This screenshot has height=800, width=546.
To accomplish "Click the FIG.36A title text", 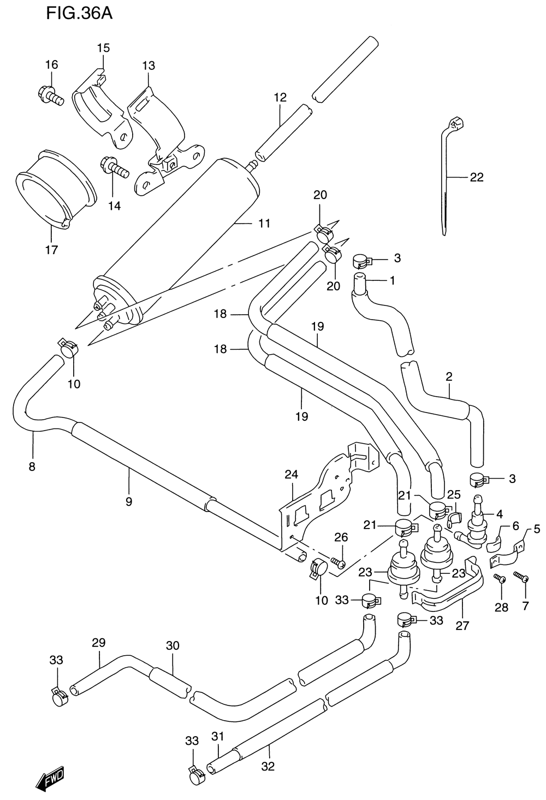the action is (x=79, y=14).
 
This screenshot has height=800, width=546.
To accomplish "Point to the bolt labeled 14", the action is (x=114, y=167).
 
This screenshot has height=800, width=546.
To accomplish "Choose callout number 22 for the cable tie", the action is (x=477, y=177).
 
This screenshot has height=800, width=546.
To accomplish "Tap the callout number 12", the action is (x=280, y=97).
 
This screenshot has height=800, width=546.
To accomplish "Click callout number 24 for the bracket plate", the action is (x=291, y=474).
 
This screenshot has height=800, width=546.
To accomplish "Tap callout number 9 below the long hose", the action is (x=129, y=502).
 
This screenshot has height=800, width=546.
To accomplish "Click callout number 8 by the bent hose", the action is (x=32, y=467).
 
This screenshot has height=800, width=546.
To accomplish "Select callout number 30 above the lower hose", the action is (x=173, y=645).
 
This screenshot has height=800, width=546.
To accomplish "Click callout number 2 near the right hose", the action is (x=449, y=376).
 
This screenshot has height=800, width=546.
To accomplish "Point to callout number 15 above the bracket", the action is (x=104, y=48).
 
